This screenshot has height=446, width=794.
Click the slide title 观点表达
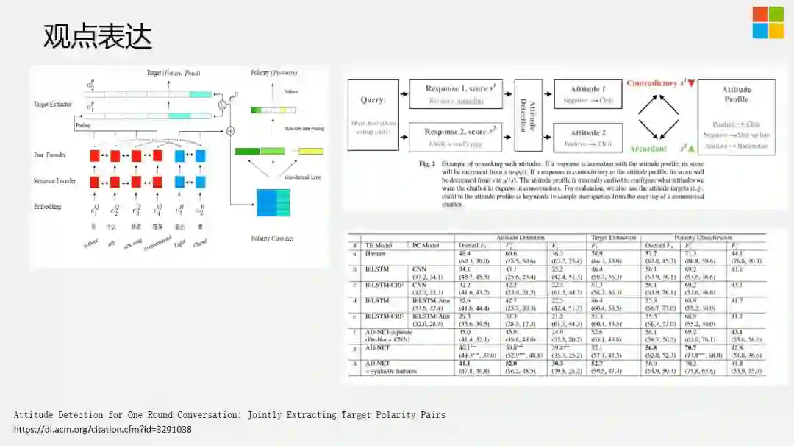coord(97,35)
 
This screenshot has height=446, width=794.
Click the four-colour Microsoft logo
coord(768,23)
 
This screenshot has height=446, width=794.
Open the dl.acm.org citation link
coord(103,429)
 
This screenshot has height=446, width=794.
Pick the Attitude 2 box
coord(588,138)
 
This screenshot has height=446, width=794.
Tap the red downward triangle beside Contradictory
coord(691,82)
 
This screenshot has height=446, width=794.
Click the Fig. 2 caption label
coord(429,163)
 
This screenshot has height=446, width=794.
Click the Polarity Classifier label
coord(271,238)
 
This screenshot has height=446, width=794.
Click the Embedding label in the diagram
coord(48,207)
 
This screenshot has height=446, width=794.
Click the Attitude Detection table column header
coord(522,237)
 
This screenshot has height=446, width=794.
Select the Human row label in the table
coord(374,252)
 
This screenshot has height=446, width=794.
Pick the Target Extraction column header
coord(613,237)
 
